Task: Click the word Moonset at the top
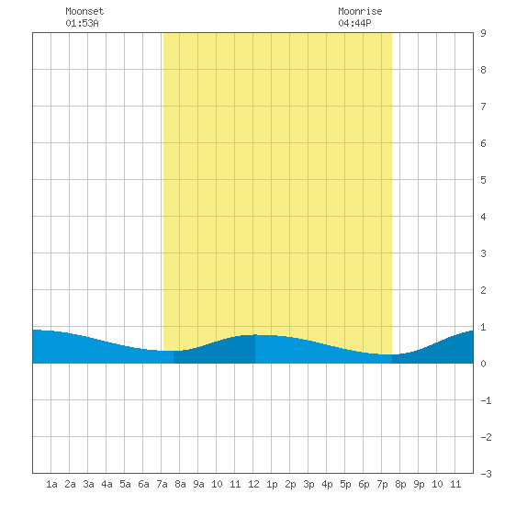point(84,11)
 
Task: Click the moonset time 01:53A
point(82,23)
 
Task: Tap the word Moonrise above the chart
point(360,11)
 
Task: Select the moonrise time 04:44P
point(354,23)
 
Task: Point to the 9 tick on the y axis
point(483,33)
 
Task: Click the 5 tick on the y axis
point(483,180)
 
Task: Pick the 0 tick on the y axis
point(483,364)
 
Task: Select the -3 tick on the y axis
point(486,474)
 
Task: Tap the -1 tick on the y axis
point(486,400)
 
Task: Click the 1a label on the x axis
point(51,484)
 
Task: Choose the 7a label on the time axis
point(162,484)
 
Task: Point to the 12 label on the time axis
point(253,484)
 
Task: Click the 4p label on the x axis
point(327,484)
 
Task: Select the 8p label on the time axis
point(400,484)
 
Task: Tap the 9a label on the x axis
point(198,484)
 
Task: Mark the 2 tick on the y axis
point(483,290)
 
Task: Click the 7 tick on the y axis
point(483,107)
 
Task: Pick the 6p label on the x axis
point(364,484)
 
